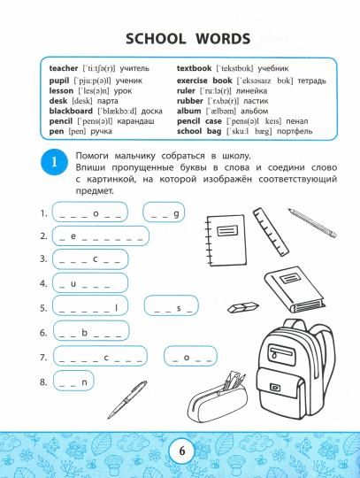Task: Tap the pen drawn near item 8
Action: pyautogui.click(x=130, y=396)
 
